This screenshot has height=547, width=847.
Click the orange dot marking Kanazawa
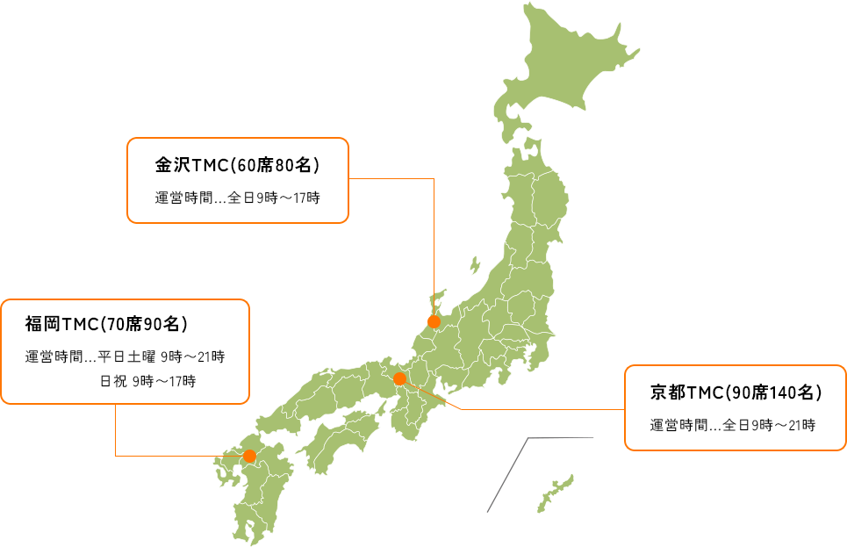(434, 321)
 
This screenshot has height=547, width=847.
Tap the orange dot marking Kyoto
(399, 379)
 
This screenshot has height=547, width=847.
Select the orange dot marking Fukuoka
(249, 456)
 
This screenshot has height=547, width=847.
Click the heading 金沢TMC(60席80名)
(237, 165)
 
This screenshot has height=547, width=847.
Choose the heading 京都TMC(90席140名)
(736, 392)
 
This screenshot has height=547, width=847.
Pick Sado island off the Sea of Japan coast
(475, 264)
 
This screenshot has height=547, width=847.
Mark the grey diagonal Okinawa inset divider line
(506, 474)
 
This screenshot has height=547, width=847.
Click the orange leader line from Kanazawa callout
(434, 246)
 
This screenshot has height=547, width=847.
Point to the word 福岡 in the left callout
(42, 325)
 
